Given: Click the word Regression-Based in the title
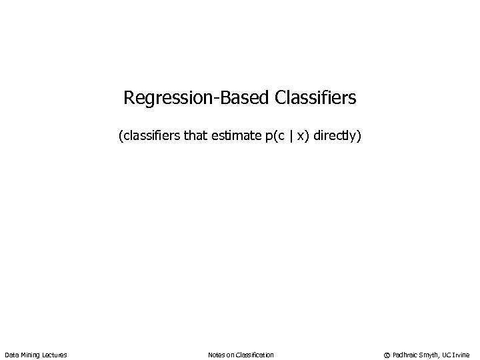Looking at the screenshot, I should [195, 99].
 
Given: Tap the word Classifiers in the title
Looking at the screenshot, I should [315, 99].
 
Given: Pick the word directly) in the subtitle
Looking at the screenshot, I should [337, 137].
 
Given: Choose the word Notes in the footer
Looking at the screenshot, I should [217, 355].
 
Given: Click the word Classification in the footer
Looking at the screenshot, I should [255, 355].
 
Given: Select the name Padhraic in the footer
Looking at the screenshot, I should [405, 355].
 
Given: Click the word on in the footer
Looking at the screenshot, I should [231, 355].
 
